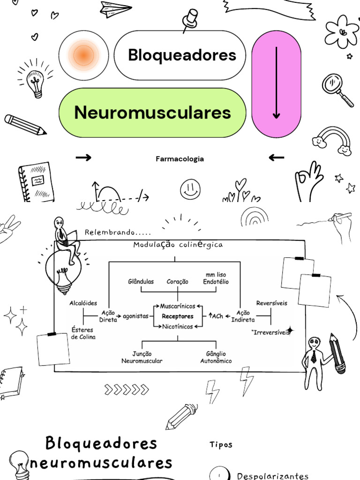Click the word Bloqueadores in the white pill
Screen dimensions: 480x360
click(182, 55)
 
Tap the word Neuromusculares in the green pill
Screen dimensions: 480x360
click(152, 113)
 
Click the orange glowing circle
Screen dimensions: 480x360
click(84, 55)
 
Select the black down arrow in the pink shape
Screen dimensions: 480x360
click(277, 82)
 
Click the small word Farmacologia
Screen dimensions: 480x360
click(180, 159)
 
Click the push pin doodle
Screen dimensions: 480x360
click(190, 20)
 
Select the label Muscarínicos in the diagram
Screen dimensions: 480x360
click(178, 306)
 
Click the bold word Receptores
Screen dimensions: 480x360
click(178, 316)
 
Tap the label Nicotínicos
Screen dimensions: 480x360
click(178, 327)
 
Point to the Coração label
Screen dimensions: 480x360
click(178, 282)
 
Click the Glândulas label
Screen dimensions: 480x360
click(141, 282)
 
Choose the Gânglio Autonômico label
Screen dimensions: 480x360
click(216, 357)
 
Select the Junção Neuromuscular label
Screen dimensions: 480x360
click(142, 357)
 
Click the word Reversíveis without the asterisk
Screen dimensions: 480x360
click(272, 303)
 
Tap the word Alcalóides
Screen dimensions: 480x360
click(83, 303)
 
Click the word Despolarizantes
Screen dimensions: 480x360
click(273, 476)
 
